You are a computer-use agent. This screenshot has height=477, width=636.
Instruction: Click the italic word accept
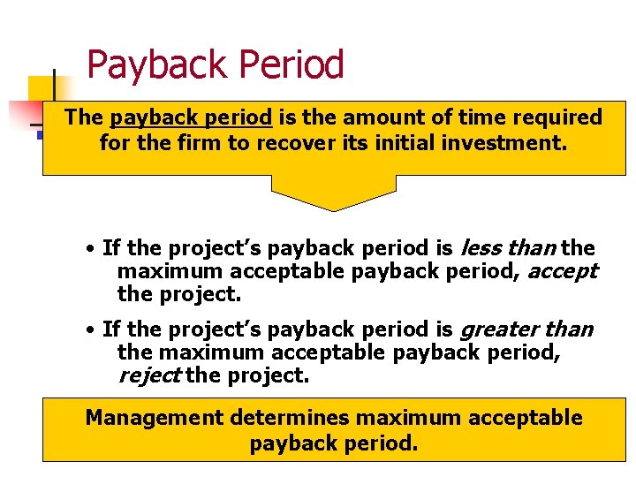tap(562, 271)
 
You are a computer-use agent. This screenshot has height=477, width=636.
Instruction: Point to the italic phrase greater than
tap(526, 330)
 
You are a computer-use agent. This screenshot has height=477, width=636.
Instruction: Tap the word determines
tap(296, 417)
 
